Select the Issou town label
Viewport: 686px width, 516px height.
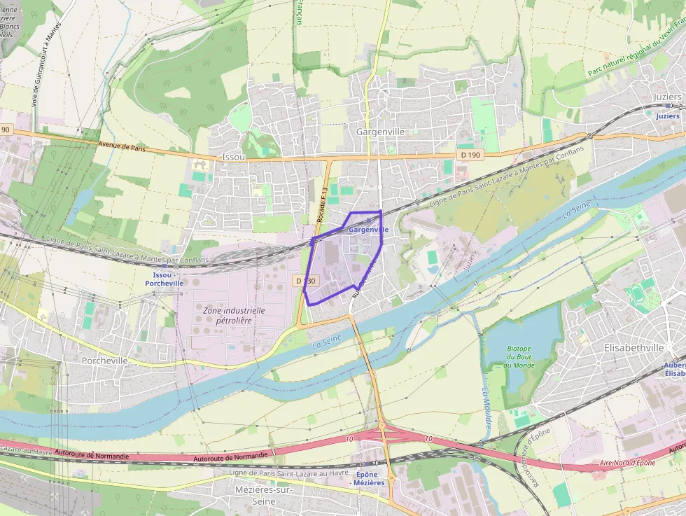[233, 158]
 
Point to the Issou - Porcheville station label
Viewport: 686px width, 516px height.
[164, 279]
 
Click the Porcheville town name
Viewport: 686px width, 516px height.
[104, 361]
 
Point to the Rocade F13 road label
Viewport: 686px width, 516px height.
[322, 205]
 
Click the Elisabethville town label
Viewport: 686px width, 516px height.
[633, 347]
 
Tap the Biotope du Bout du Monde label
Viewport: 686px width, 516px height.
[519, 357]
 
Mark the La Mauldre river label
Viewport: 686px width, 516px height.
[486, 409]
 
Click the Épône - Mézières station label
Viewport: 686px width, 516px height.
[369, 479]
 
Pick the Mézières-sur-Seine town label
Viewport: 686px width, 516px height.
[263, 496]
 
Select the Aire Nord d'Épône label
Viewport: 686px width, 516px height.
[627, 463]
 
